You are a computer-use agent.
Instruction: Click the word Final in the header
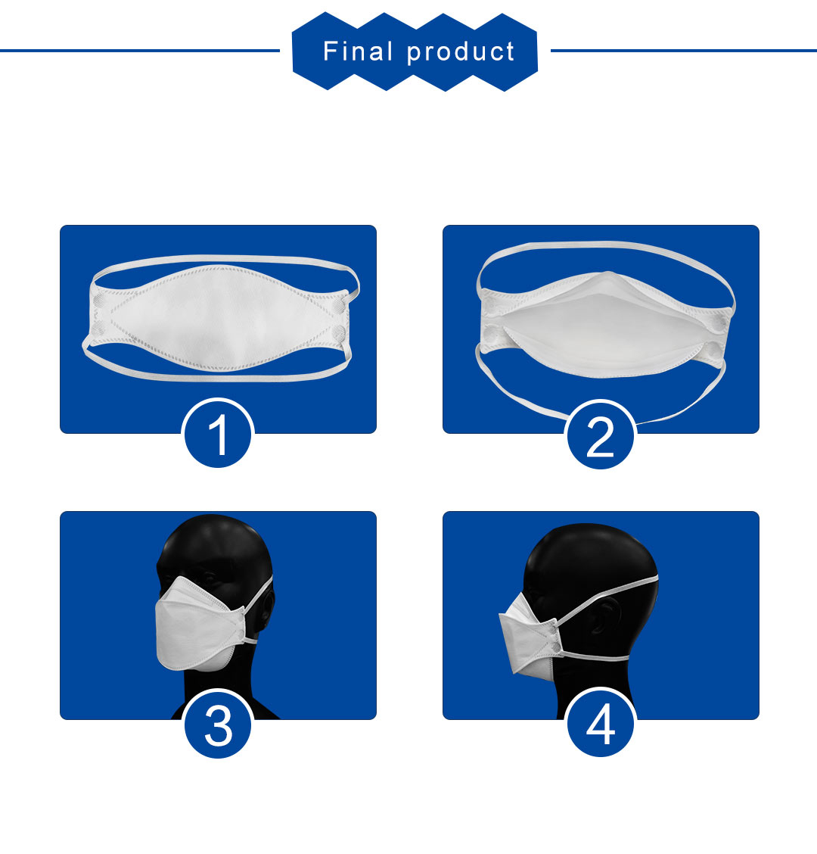tap(358, 51)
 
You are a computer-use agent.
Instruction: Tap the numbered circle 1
tap(218, 434)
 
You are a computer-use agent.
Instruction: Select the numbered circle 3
tap(218, 724)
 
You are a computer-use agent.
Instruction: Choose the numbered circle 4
tap(601, 723)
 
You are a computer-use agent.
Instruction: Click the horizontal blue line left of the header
tap(140, 51)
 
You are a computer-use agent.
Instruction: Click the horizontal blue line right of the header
tap(684, 51)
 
